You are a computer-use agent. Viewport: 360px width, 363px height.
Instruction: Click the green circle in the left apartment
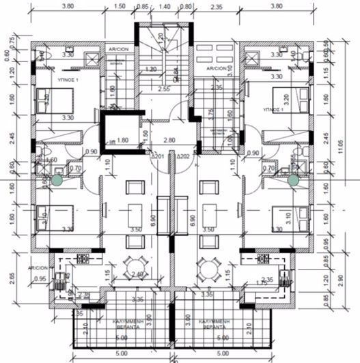[57, 180]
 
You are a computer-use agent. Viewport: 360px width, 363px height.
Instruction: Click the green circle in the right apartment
[294, 179]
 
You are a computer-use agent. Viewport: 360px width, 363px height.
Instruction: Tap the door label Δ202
[182, 156]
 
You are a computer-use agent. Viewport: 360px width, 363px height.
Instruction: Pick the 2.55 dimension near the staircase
[164, 89]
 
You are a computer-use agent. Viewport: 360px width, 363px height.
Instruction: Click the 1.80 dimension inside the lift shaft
[123, 141]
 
